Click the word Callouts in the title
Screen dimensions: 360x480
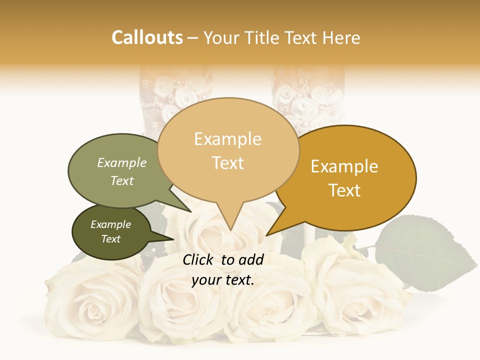[147, 37]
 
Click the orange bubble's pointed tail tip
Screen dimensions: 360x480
[267, 235]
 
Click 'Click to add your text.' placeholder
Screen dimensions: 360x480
[223, 270]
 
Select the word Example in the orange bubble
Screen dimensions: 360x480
[344, 166]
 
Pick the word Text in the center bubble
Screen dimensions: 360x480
[228, 163]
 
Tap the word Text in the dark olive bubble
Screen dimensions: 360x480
[110, 239]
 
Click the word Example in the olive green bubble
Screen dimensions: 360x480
[122, 163]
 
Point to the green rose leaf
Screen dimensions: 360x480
[425, 252]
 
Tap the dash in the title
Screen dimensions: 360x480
[193, 38]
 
